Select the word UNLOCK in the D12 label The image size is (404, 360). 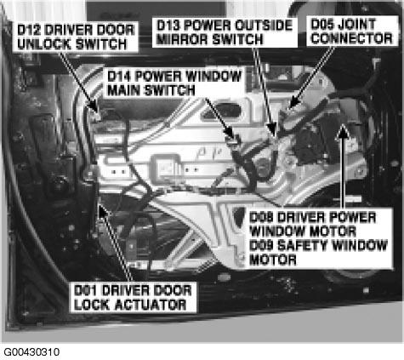tap(43, 44)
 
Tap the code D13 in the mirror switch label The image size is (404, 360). tap(168, 26)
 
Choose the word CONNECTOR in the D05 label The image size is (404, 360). tap(351, 38)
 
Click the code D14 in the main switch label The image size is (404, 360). tap(119, 77)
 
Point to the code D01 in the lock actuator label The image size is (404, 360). tap(85, 290)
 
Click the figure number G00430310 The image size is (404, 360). tap(31, 352)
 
